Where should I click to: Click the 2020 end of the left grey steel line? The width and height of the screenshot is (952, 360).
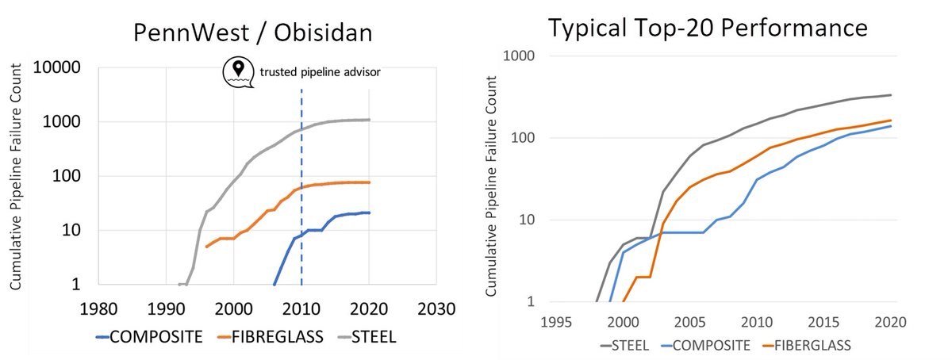coord(369,120)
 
